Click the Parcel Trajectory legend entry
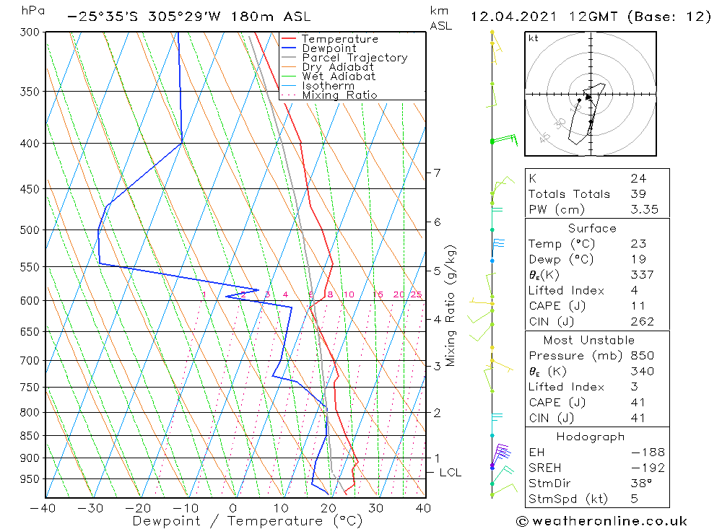click(x=355, y=58)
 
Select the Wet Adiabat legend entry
click(x=339, y=76)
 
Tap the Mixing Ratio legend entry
click(x=339, y=95)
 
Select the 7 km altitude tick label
click(x=437, y=172)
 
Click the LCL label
click(x=450, y=473)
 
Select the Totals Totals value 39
click(x=638, y=193)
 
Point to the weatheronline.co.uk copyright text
click(x=601, y=521)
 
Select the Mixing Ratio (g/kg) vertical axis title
click(x=451, y=306)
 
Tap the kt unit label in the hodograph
click(x=533, y=38)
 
